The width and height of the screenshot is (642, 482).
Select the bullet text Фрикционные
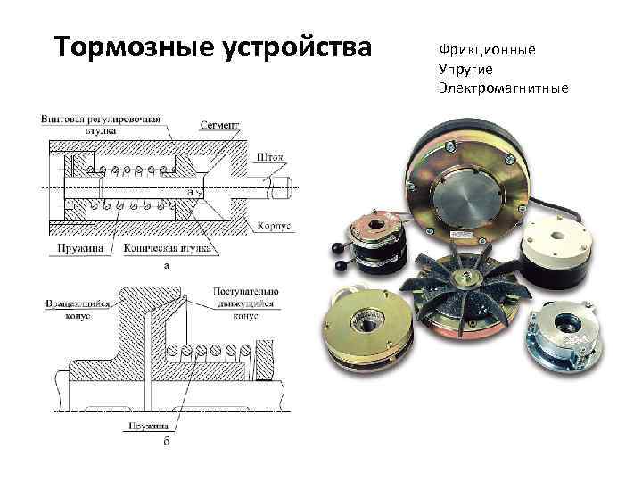(487, 49)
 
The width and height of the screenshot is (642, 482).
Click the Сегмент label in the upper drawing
(219, 128)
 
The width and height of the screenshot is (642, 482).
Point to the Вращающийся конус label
(78, 310)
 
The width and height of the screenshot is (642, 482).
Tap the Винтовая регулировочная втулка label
(100, 124)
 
